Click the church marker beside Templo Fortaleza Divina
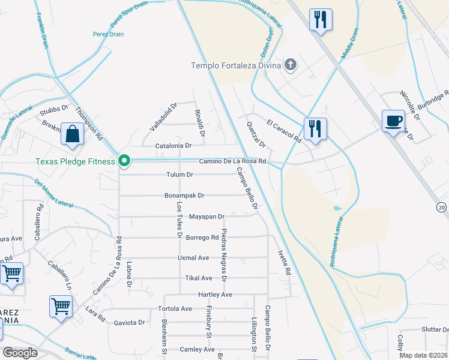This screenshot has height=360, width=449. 291,65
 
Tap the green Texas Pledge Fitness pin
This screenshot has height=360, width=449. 124,161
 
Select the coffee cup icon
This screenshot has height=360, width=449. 394,122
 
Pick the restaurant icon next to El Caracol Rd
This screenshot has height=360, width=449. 314,128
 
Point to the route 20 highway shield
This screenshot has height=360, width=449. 442,207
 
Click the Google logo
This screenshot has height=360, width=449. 20,353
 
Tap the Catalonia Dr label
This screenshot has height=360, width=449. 173,146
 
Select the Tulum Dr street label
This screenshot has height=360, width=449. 179,175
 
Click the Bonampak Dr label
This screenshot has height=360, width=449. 184,196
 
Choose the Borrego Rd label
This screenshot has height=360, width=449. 202,238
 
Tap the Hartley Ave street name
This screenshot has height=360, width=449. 215,295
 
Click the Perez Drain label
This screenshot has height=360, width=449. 109,34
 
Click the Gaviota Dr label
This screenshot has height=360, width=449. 130,322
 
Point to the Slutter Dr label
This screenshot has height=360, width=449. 435,329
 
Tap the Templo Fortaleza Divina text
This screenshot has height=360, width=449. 236,65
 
